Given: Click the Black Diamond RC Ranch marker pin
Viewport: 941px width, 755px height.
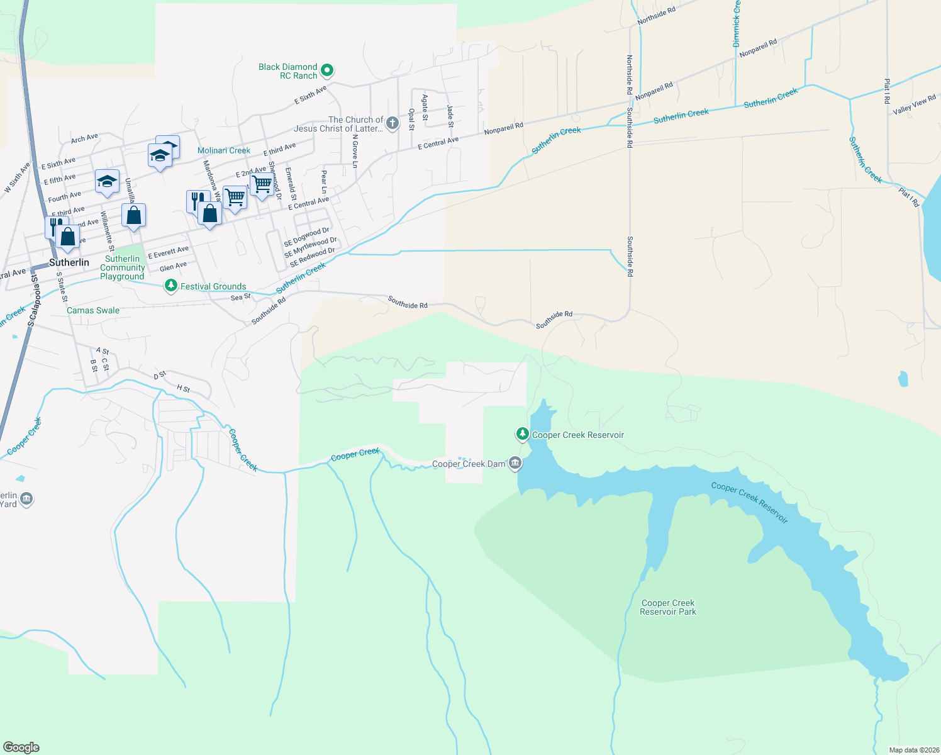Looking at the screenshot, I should click(x=326, y=70).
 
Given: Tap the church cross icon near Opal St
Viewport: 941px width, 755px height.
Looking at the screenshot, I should click(x=393, y=123).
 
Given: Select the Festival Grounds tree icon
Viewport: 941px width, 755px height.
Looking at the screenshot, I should click(x=170, y=286).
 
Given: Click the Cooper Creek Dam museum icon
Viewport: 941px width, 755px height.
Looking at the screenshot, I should click(x=516, y=464).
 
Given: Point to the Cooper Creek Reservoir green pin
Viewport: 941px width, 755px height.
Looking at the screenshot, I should click(x=522, y=434).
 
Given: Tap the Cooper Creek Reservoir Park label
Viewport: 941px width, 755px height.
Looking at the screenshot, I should click(x=668, y=607).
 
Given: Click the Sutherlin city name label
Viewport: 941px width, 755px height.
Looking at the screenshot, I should click(x=69, y=262).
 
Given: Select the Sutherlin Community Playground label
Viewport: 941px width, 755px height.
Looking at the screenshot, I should click(x=122, y=267).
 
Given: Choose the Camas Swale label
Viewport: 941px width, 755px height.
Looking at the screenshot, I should click(x=93, y=310).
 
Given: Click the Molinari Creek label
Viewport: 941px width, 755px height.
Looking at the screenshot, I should click(x=224, y=150).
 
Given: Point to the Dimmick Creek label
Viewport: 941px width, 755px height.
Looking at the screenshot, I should click(x=737, y=24).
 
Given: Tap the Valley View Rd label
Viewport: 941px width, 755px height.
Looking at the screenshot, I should click(x=915, y=104).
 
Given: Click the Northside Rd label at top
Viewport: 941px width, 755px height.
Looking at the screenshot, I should click(x=656, y=16).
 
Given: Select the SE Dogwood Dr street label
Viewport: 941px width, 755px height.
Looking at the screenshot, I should click(x=306, y=237).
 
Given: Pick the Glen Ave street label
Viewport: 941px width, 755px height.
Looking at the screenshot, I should click(x=173, y=267).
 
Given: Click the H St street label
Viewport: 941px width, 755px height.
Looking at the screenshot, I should click(x=183, y=389).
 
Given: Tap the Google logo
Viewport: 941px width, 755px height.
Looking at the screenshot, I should click(x=21, y=747).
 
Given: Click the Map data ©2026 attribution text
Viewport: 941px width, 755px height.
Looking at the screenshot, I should click(x=913, y=750).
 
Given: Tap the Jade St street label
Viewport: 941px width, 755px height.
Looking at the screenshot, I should click(x=450, y=116).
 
